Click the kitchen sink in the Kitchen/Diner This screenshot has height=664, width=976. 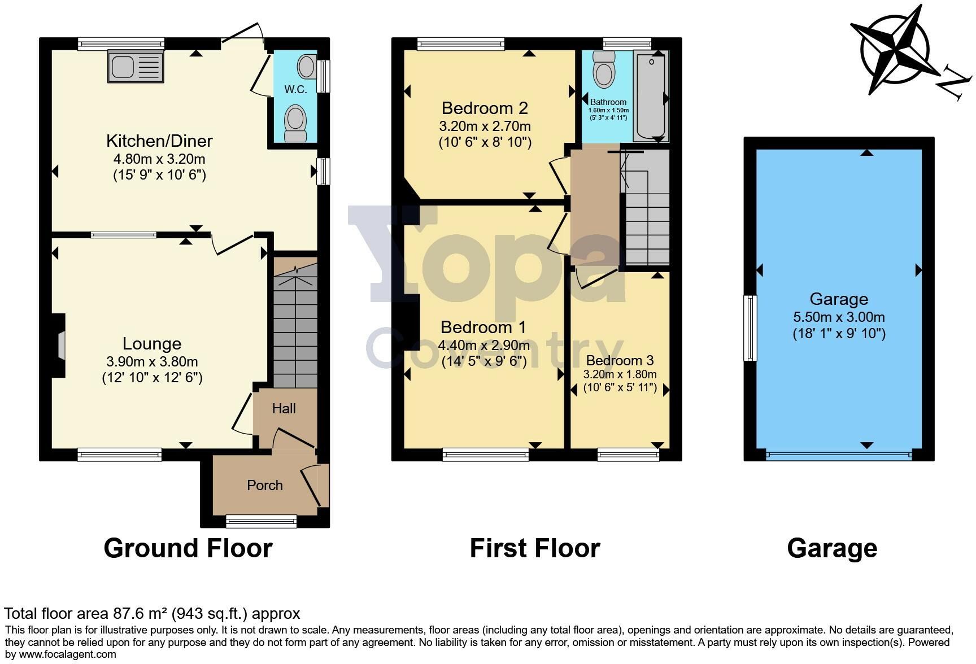pos(136,67)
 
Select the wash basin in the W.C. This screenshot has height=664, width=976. pos(307,67)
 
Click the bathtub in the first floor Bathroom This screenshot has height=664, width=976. pos(651,96)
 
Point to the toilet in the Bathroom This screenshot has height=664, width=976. pos(604,70)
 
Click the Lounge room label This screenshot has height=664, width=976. pos(152,343)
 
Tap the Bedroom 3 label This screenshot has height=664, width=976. pos(620,360)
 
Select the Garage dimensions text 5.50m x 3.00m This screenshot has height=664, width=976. pos(839,317)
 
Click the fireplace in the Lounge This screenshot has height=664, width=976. pos(60,345)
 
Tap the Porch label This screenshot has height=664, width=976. pos(265,485)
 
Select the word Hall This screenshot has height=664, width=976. pos(284,408)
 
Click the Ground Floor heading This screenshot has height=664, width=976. pos(188,548)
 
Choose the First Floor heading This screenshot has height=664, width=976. pos(534,548)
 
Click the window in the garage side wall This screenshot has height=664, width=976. pos(750,327)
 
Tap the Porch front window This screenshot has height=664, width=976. pos(261,520)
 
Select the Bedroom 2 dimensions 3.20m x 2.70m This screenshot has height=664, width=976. pos(485,126)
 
